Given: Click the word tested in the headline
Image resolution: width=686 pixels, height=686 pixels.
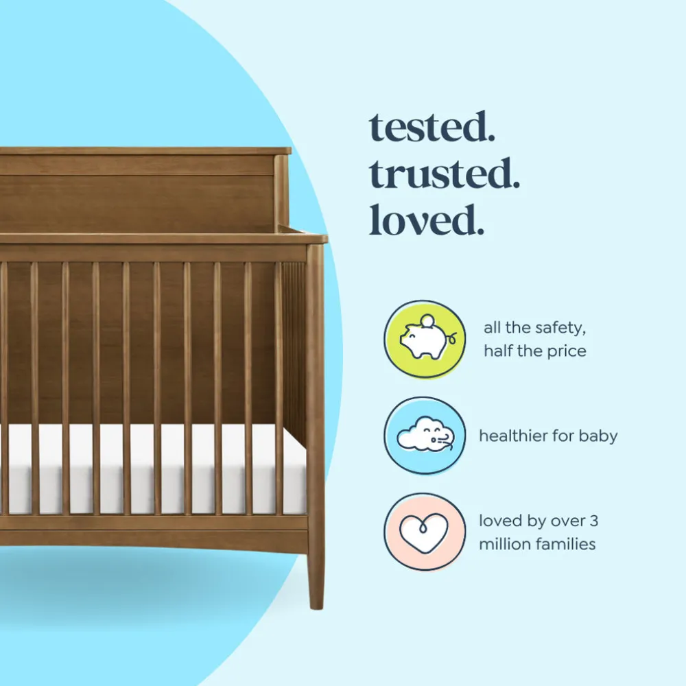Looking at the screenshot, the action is tap(431, 127).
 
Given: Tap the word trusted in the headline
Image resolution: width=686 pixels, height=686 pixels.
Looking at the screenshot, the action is tap(444, 174).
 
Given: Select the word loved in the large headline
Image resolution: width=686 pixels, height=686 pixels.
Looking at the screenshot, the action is tap(427, 220).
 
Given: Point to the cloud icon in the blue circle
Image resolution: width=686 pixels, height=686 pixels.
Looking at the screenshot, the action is tap(425, 434).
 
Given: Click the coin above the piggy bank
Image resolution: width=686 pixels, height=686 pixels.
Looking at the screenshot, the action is tap(427, 320).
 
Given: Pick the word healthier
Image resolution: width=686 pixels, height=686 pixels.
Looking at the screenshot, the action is tap(512, 436).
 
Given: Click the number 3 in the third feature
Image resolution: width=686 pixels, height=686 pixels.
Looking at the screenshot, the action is tap(593, 521).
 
